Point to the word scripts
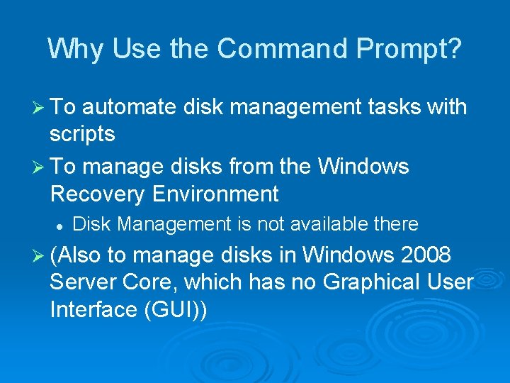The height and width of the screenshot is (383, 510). click(x=83, y=133)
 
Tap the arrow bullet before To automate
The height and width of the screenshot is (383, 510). click(x=40, y=108)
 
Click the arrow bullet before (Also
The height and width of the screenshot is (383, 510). click(x=40, y=255)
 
